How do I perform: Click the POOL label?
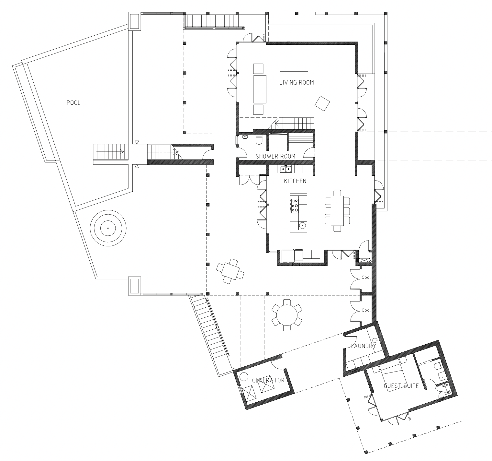(73, 103)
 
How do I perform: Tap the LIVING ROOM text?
(296, 82)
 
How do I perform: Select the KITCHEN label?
(295, 181)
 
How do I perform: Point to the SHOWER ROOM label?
(275, 156)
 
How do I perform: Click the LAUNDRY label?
(363, 346)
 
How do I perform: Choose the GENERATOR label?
(268, 380)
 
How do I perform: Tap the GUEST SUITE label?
(401, 386)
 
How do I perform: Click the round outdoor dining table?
(287, 315)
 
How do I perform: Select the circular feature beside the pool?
(108, 228)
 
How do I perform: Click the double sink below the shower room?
(286, 169)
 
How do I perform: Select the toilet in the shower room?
(259, 139)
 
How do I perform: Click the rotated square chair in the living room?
(322, 103)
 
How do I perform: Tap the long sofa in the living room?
(260, 89)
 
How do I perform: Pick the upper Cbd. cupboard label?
(366, 278)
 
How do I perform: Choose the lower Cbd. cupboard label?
(366, 310)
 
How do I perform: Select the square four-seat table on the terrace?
(230, 271)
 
